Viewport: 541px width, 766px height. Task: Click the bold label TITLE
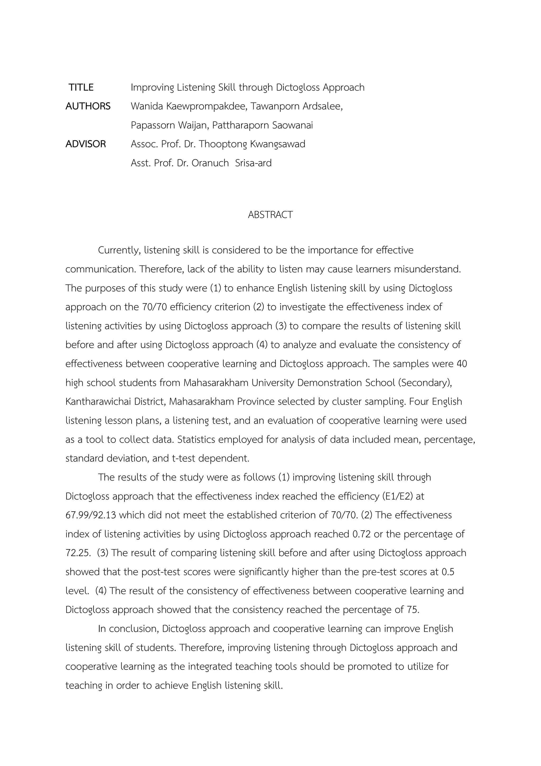[x=81, y=88]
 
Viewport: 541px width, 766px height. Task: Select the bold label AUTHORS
[x=88, y=107]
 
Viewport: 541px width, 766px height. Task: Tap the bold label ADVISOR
[x=86, y=144]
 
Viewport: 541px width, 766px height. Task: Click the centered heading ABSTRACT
[x=270, y=215]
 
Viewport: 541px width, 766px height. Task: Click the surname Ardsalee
[x=323, y=107]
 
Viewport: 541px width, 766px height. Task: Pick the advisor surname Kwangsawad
[x=277, y=144]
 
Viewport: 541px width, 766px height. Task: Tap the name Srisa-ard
[x=253, y=163]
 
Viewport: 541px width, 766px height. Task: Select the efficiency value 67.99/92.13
[x=91, y=515]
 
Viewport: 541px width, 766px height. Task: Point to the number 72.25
[x=78, y=553]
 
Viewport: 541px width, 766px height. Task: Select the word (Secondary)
[x=425, y=383]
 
